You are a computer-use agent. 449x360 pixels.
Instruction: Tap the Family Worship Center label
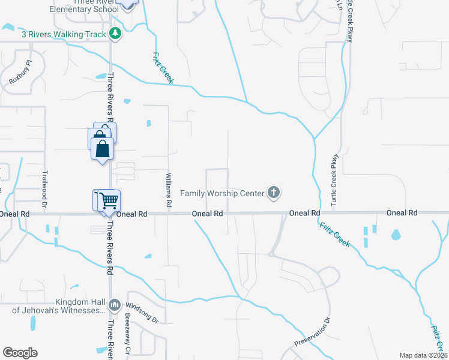[x=223, y=193]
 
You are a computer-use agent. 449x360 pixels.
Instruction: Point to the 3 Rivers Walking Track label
[x=64, y=34]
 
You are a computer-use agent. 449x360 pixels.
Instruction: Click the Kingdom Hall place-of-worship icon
[x=116, y=305]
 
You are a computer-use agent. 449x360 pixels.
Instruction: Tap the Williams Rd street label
[x=169, y=190]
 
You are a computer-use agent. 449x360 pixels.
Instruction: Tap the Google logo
[x=20, y=353]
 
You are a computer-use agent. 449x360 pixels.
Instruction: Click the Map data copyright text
[x=423, y=355]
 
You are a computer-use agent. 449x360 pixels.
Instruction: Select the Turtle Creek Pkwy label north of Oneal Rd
[x=334, y=180]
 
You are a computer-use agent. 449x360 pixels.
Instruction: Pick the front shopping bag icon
[x=103, y=148]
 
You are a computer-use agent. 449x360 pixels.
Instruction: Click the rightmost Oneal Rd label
[x=402, y=213]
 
